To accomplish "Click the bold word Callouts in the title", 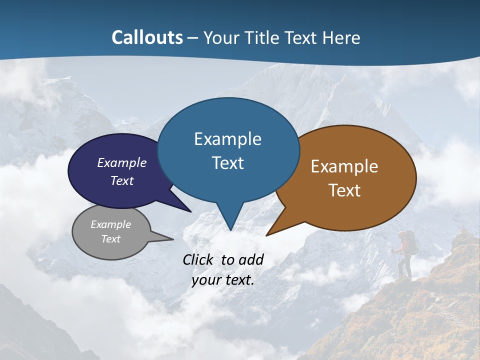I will [x=147, y=37].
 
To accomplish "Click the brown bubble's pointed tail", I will [x=270, y=233].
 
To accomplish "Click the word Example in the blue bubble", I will [x=227, y=139].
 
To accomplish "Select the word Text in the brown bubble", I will [x=344, y=190].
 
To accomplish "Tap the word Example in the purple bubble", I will [x=121, y=162].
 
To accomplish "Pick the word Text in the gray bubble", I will [x=110, y=239].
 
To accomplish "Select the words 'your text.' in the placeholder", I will [x=223, y=280].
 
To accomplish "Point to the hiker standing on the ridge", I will [x=405, y=255].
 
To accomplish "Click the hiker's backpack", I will [x=410, y=242].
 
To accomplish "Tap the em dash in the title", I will [x=193, y=38].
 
